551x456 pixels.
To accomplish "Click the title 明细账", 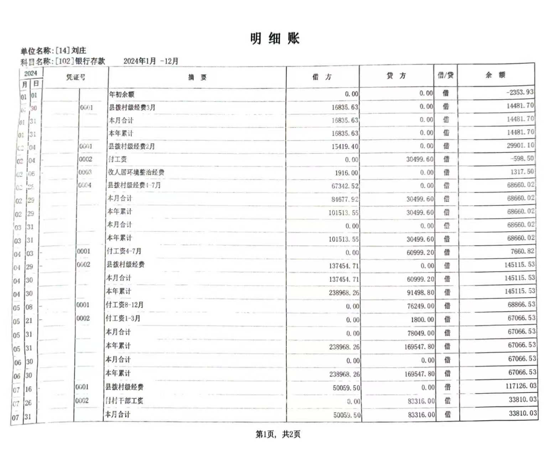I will click(x=275, y=38).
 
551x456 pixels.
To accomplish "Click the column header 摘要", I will click(x=197, y=77).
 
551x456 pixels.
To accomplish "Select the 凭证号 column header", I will click(x=76, y=77).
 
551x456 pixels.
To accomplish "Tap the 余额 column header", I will click(x=495, y=75).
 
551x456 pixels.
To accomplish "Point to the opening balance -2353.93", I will click(x=520, y=92).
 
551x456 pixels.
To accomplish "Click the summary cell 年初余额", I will click(x=121, y=94).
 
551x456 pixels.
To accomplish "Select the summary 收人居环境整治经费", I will click(x=136, y=172).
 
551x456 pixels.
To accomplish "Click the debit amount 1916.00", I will click(x=346, y=173).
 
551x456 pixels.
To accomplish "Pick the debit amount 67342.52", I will click(x=345, y=186).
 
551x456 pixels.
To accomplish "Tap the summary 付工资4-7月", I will click(x=124, y=251).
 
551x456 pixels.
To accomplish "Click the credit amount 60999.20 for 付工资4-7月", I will click(x=420, y=253).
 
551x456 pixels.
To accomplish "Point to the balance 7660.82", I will click(x=522, y=252).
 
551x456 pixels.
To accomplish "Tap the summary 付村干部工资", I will click(x=124, y=401).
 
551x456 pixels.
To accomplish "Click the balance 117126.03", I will click(x=521, y=386).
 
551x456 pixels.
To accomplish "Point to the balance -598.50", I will click(x=522, y=159).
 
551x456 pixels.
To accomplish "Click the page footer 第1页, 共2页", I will click(x=278, y=434).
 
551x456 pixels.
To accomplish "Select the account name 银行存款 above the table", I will click(x=90, y=61).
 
